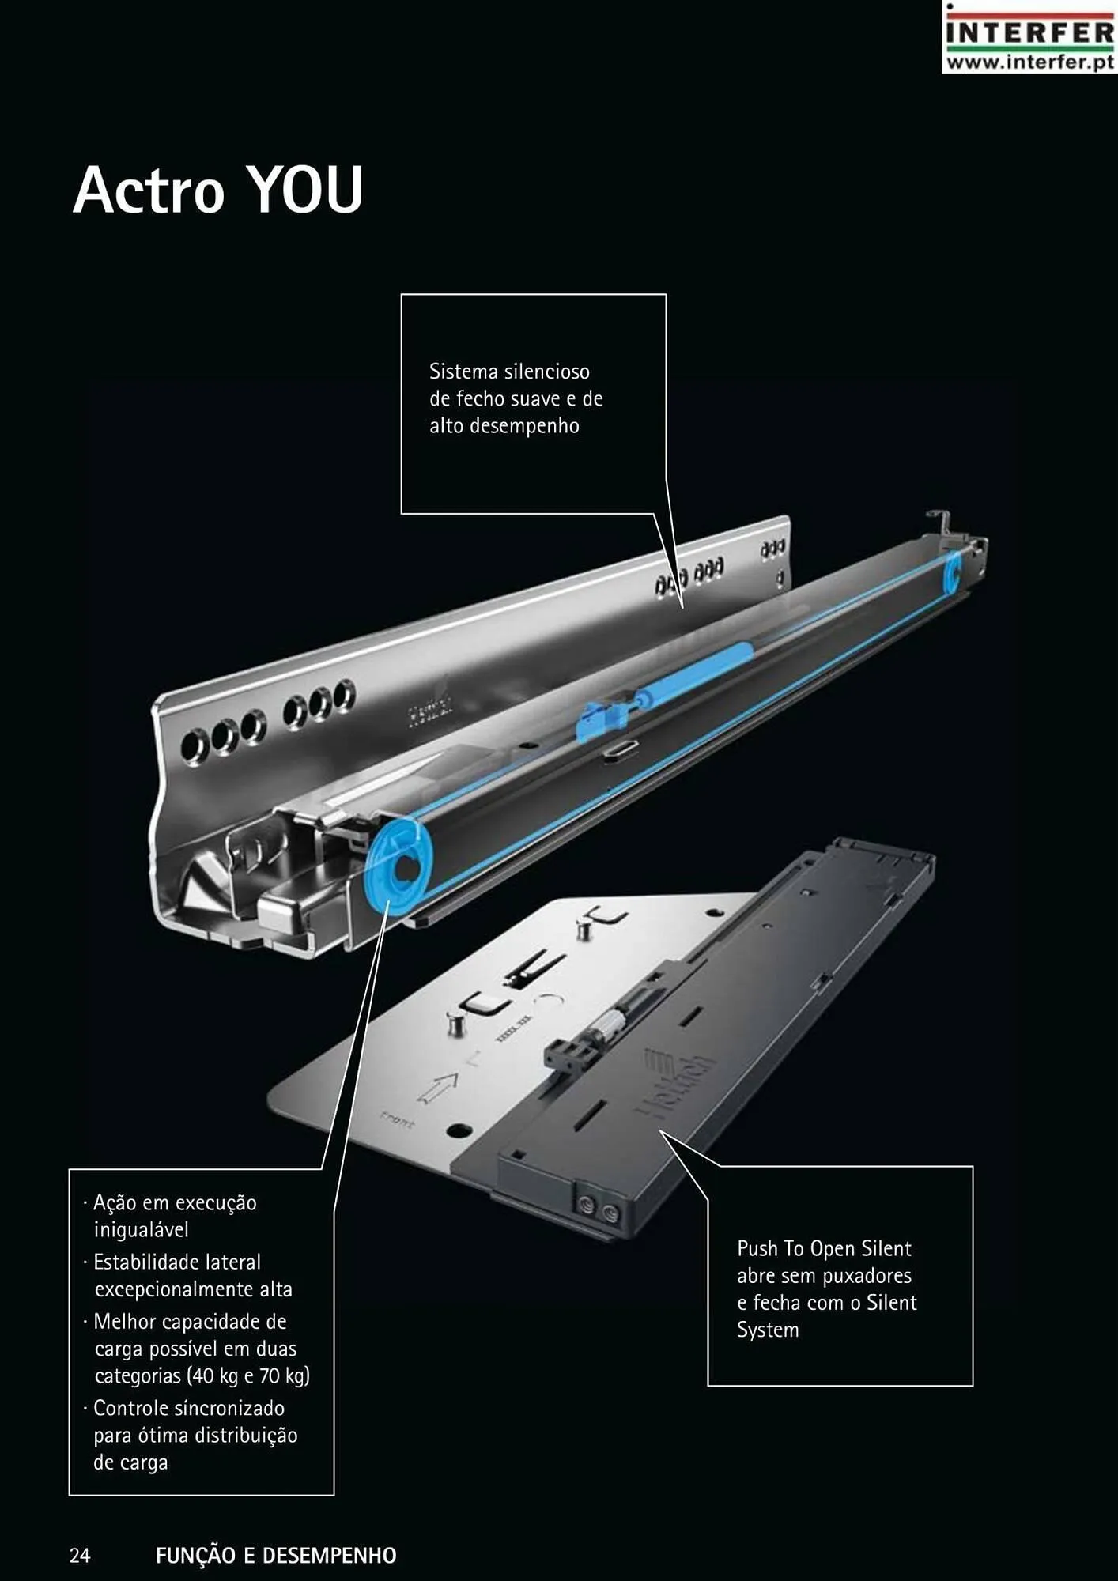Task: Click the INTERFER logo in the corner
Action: [1029, 37]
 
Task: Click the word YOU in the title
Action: [305, 190]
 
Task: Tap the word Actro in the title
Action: [149, 190]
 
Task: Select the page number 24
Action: [80, 1556]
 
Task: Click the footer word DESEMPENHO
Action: [330, 1556]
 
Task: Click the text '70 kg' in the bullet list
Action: [282, 1376]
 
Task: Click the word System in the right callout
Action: [768, 1330]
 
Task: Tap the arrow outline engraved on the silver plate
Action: [436, 1089]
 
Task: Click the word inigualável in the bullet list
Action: [142, 1230]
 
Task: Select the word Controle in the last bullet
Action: [130, 1409]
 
